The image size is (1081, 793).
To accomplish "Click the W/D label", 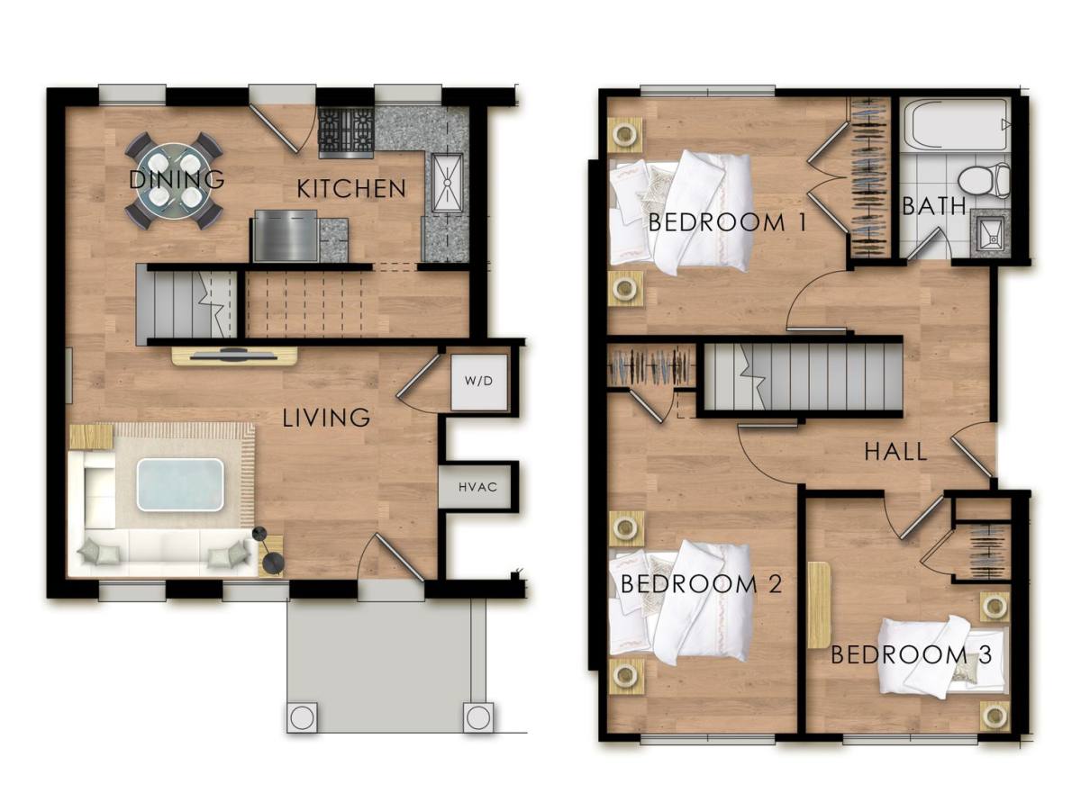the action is pyautogui.click(x=478, y=381).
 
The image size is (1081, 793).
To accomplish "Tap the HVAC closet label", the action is pyautogui.click(x=477, y=487).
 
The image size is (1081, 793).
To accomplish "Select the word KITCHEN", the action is pyautogui.click(x=351, y=188).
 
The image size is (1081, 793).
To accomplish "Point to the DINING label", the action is pyautogui.click(x=177, y=179).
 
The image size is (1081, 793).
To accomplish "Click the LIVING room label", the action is pyautogui.click(x=326, y=418).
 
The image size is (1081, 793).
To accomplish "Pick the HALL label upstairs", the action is pyautogui.click(x=895, y=452).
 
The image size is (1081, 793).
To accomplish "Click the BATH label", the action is pyautogui.click(x=934, y=206).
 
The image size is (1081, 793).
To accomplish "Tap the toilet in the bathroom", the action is pyautogui.click(x=983, y=181).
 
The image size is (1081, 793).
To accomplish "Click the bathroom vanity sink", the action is pyautogui.click(x=991, y=233).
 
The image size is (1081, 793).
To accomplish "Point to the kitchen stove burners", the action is pyautogui.click(x=346, y=132).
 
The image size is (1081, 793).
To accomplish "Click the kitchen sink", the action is pyautogui.click(x=447, y=183).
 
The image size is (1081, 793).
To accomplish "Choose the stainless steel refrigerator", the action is pyautogui.click(x=286, y=235).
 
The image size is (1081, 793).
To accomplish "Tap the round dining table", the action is pyautogui.click(x=174, y=181).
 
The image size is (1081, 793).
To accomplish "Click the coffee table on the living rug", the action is pyautogui.click(x=180, y=485).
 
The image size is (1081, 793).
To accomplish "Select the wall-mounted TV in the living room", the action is pyautogui.click(x=235, y=356).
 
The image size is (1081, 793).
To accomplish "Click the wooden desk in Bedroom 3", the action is pyautogui.click(x=819, y=605).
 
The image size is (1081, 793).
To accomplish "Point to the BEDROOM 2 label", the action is pyautogui.click(x=701, y=584).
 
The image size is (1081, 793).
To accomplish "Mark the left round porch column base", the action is pyautogui.click(x=303, y=717).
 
